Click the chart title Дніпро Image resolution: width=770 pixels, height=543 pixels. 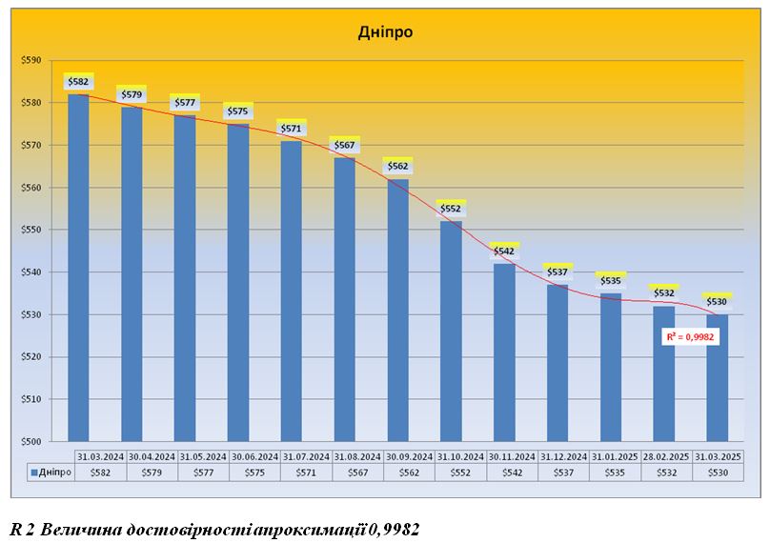click(x=385, y=31)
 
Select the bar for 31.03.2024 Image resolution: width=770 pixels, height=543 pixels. click(x=78, y=267)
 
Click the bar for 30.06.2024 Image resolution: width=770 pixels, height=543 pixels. click(x=238, y=282)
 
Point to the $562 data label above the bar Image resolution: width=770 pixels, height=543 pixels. click(x=397, y=167)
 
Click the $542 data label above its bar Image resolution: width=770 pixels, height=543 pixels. click(x=504, y=251)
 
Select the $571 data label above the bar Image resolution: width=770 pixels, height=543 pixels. click(x=291, y=129)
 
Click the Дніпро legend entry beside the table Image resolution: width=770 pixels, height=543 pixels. click(x=50, y=472)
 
